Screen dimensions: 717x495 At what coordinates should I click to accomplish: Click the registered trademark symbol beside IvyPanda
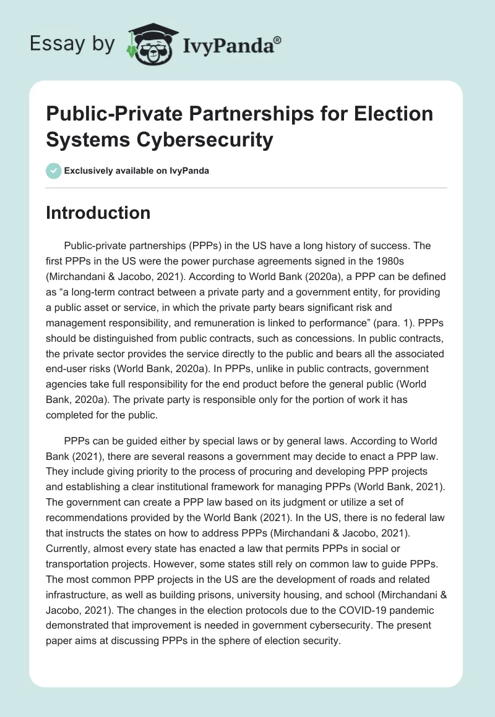pos(278,40)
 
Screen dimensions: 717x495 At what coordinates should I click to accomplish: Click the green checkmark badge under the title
pos(53,170)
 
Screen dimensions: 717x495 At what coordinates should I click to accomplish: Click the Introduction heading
pos(98,213)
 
